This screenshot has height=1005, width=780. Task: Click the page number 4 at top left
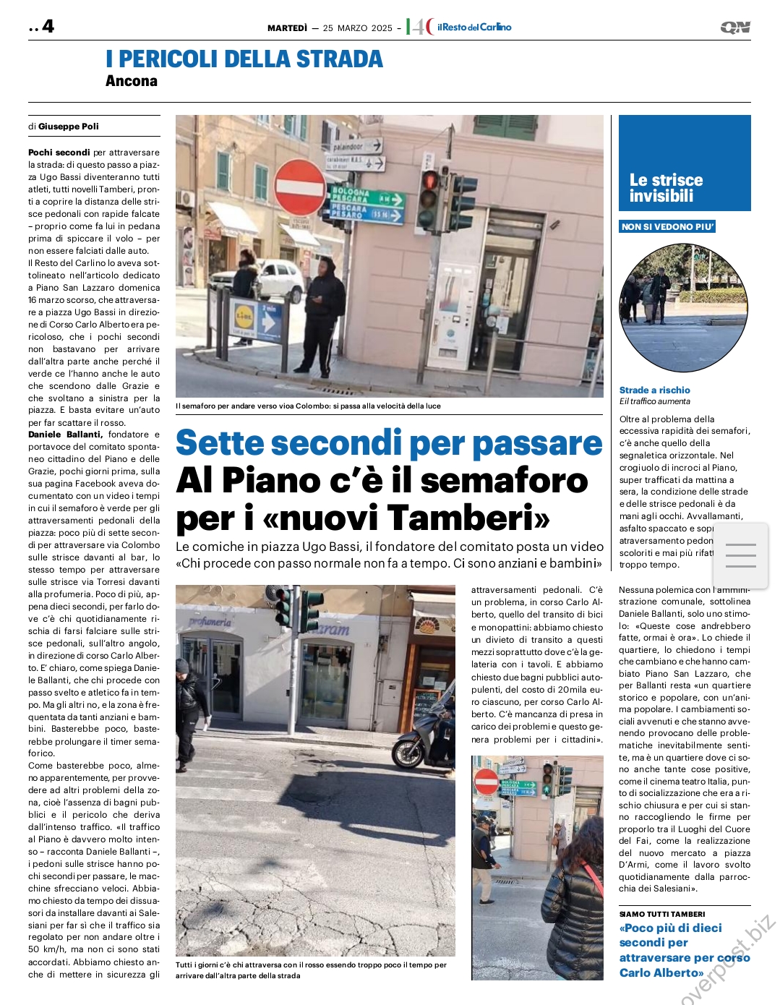click(48, 27)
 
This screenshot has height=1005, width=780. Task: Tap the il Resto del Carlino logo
click(473, 27)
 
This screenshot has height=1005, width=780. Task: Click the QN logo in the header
click(735, 27)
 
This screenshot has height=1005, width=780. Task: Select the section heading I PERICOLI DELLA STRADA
click(244, 59)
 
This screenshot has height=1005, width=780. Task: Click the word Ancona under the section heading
click(132, 81)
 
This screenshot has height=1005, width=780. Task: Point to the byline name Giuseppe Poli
click(69, 127)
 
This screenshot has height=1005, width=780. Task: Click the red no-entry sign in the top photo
click(299, 187)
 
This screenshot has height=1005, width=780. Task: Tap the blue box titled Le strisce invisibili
click(685, 163)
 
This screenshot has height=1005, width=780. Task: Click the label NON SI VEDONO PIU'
click(667, 227)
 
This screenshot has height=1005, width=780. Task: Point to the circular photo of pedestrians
click(683, 307)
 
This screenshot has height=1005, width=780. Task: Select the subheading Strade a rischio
click(654, 390)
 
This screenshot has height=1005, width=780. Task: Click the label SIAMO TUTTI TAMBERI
click(661, 914)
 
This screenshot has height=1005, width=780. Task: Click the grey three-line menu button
click(740, 555)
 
